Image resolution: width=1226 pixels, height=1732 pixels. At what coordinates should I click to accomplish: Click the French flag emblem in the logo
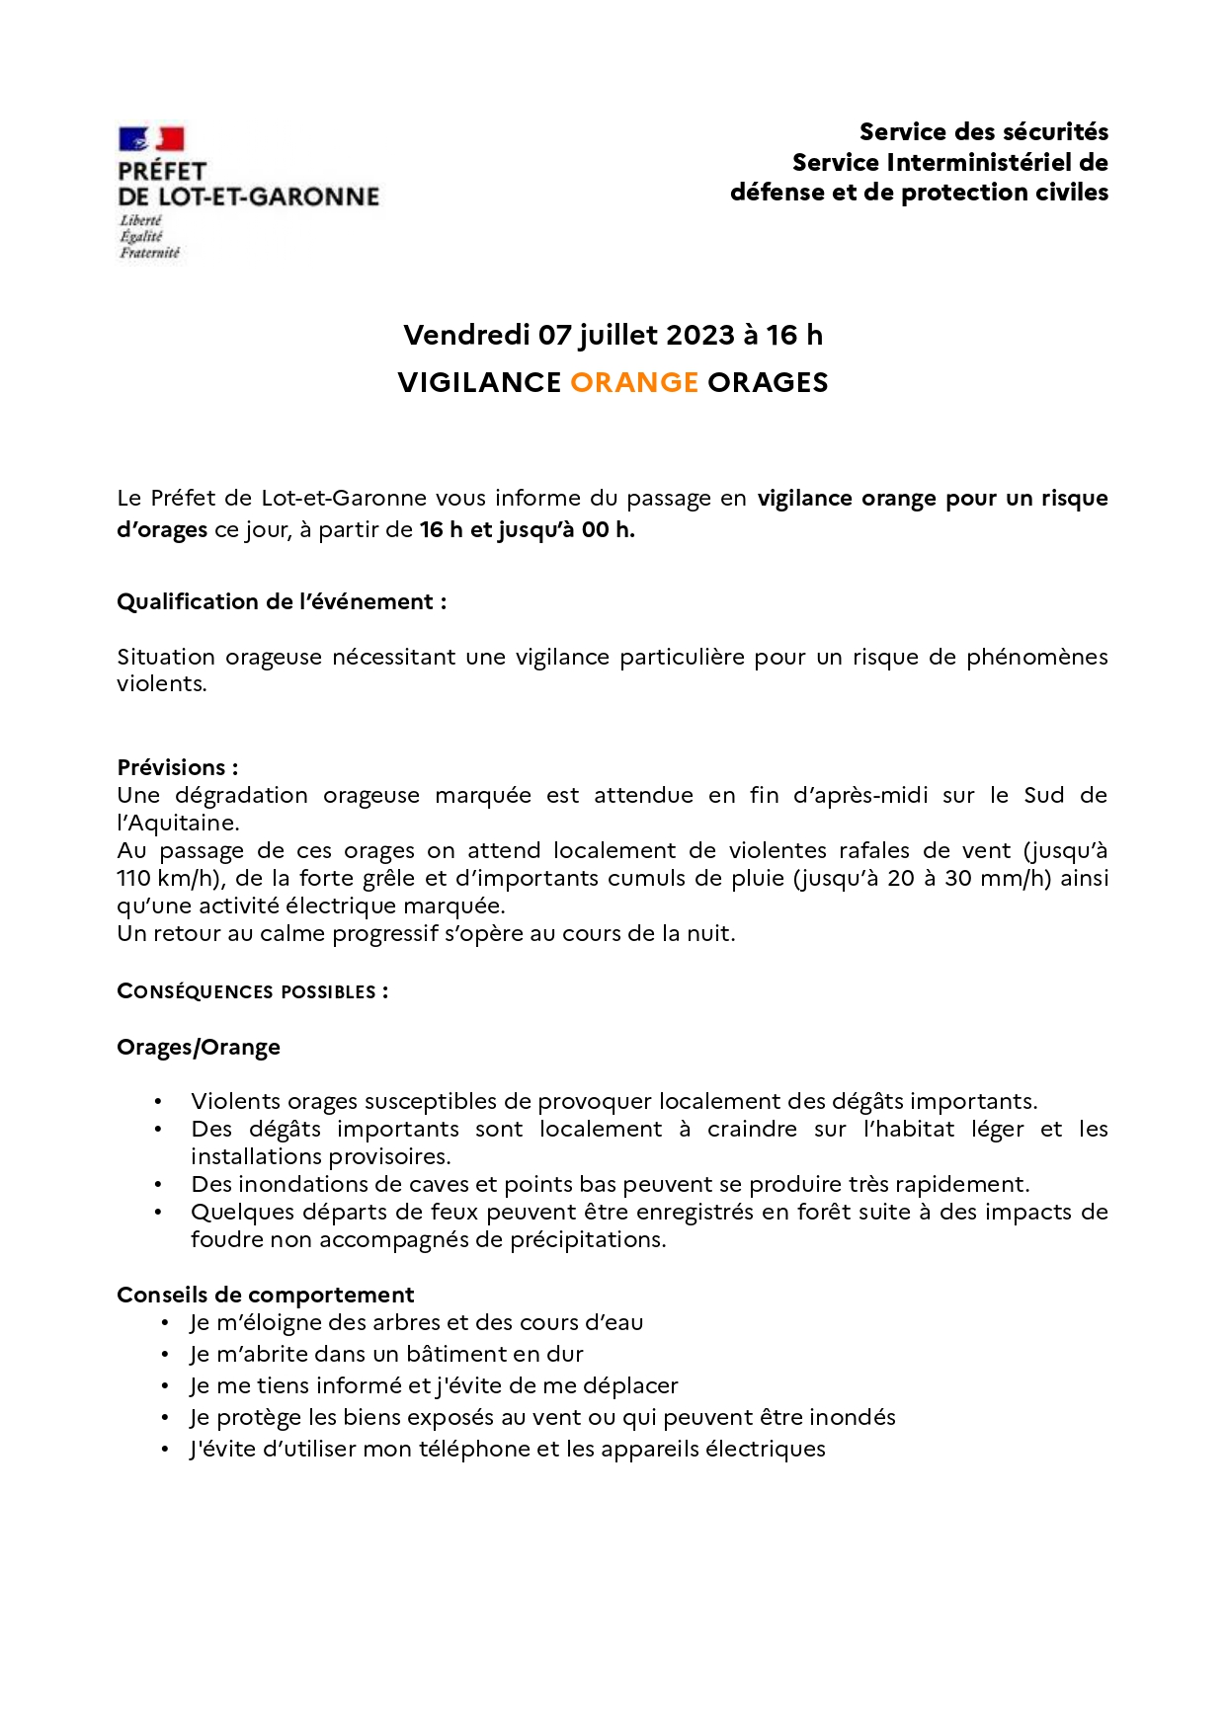[x=151, y=139]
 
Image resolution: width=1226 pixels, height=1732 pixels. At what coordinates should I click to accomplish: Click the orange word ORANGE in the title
[x=634, y=382]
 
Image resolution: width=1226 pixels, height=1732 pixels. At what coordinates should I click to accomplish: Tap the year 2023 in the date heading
[x=700, y=336]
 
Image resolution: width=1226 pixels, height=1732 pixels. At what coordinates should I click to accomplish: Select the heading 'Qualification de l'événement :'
[x=282, y=601]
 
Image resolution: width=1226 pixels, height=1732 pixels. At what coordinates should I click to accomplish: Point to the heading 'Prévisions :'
[x=178, y=767]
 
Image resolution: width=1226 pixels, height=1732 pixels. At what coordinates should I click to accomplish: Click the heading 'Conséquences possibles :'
[x=253, y=991]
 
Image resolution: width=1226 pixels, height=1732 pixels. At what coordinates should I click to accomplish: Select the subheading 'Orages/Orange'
[x=199, y=1047]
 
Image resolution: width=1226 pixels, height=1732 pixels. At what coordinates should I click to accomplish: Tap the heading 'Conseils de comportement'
[x=266, y=1295]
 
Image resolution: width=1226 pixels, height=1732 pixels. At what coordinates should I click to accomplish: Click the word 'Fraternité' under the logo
[x=150, y=253]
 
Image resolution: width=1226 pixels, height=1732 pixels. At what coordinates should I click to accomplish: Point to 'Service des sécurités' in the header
[x=983, y=132]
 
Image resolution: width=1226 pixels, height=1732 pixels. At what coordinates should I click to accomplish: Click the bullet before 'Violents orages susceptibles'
[x=158, y=1102]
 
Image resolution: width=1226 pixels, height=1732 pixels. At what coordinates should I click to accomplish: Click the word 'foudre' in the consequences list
[x=223, y=1239]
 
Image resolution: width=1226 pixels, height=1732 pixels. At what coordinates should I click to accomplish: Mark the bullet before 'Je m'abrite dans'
[x=166, y=1354]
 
